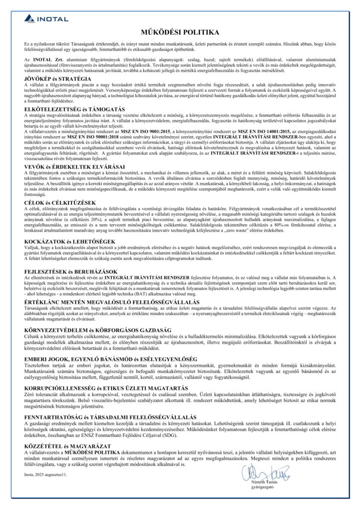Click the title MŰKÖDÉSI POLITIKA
(180, 32)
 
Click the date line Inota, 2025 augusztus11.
(45, 475)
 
